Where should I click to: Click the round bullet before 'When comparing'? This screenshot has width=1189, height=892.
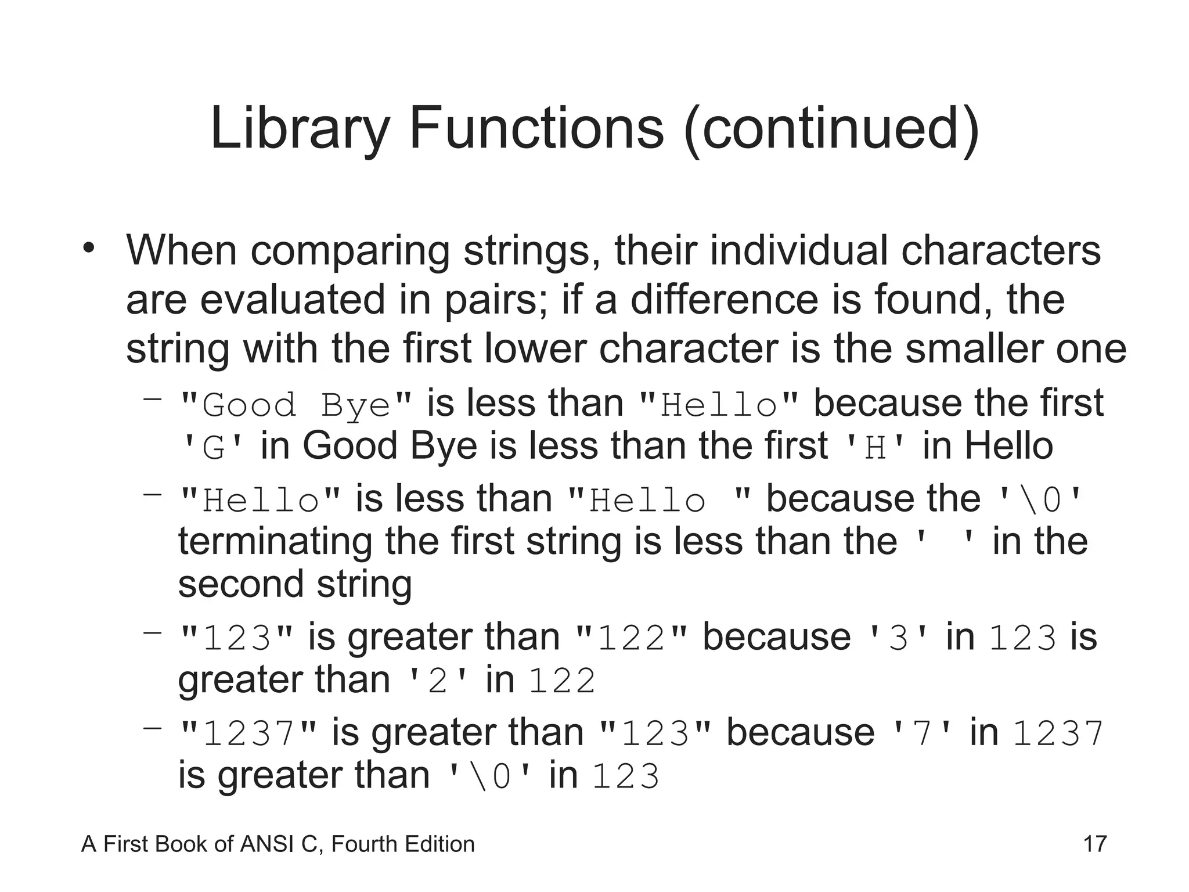click(x=88, y=249)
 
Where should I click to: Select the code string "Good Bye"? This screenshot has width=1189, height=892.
click(x=296, y=404)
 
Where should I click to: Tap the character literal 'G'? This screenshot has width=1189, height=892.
click(x=213, y=448)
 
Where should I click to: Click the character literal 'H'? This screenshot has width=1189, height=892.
click(x=875, y=448)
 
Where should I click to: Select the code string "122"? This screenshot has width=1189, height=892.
click(x=630, y=638)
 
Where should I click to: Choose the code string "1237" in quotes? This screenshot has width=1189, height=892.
click(x=249, y=733)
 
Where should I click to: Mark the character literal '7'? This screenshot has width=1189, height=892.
click(x=921, y=733)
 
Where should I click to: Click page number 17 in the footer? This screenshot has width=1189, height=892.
click(x=1095, y=844)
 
